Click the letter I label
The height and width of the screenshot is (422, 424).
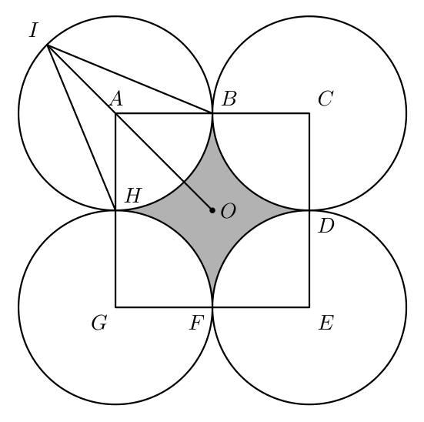pyautogui.click(x=33, y=30)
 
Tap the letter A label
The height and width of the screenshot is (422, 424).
pyautogui.click(x=116, y=99)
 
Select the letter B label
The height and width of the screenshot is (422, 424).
pyautogui.click(x=229, y=99)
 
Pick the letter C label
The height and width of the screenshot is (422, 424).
pyautogui.click(x=326, y=99)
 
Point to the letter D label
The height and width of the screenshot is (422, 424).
pyautogui.click(x=326, y=226)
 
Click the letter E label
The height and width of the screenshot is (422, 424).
pyautogui.click(x=326, y=323)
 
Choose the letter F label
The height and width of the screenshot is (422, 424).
pyautogui.click(x=196, y=323)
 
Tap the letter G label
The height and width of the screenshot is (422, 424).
pyautogui.click(x=99, y=323)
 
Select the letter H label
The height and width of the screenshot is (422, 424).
pyautogui.click(x=133, y=195)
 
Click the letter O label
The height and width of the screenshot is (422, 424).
pyautogui.click(x=228, y=211)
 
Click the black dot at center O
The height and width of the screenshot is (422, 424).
pyautogui.click(x=212, y=210)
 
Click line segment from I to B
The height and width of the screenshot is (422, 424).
pyautogui.click(x=130, y=79)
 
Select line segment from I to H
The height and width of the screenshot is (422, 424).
pyautogui.click(x=82, y=128)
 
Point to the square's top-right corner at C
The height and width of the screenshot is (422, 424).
pyautogui.click(x=309, y=113)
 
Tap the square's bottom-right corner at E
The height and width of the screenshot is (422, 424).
pyautogui.click(x=309, y=307)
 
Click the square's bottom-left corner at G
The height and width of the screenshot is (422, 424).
pyautogui.click(x=115, y=307)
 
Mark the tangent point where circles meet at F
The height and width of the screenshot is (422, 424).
pyautogui.click(x=212, y=307)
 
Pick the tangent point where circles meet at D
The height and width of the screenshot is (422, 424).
pyautogui.click(x=309, y=210)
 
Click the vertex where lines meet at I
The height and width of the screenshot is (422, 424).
pyautogui.click(x=47, y=45)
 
